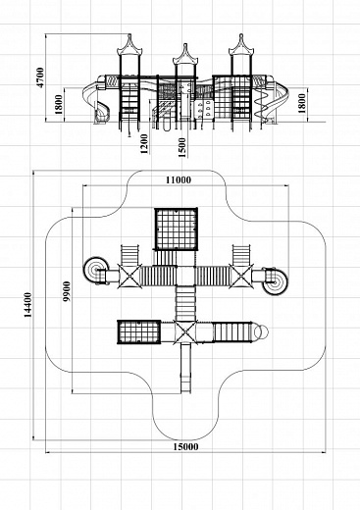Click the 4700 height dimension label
(x=40, y=77)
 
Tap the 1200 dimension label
(x=144, y=144)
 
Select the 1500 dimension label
(x=181, y=147)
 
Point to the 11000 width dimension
(x=179, y=179)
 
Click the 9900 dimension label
(x=67, y=291)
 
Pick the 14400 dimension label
(x=27, y=305)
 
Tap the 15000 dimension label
(x=185, y=446)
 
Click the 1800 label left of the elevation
(x=59, y=104)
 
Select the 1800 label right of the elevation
(x=302, y=103)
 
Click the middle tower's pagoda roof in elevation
(x=185, y=56)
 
